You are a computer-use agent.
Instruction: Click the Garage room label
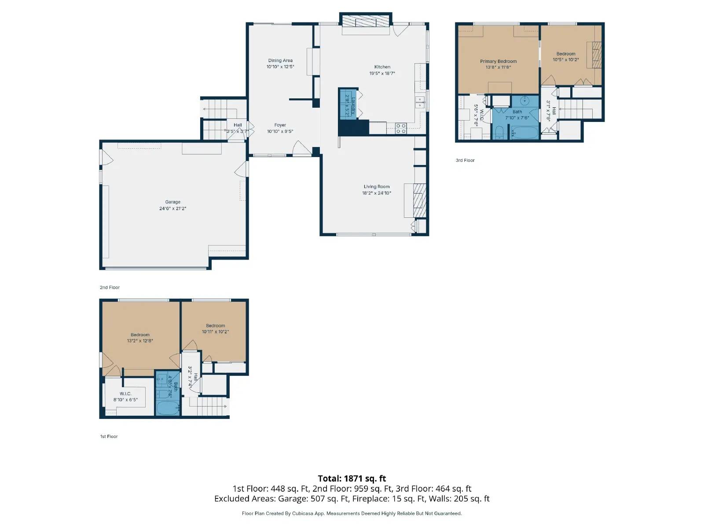tap(172, 202)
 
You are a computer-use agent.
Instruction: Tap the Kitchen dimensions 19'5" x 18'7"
tap(382, 73)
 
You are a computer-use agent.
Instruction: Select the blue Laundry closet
tap(347, 104)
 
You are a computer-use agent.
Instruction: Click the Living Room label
tap(377, 187)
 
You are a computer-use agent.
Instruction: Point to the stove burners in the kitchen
tap(401, 128)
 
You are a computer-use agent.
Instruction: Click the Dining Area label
tap(280, 61)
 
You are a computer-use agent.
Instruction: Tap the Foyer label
tap(280, 125)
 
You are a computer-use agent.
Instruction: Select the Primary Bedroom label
tap(498, 62)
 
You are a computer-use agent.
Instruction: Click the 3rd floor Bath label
tap(517, 112)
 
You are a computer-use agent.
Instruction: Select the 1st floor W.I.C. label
tap(125, 394)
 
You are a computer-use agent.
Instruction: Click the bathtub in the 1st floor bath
tap(167, 407)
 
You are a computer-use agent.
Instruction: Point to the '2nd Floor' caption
tap(110, 287)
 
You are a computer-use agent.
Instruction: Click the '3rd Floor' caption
tap(465, 160)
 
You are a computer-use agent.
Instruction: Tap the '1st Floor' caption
tap(109, 436)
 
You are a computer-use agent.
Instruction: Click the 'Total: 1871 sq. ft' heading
tap(352, 478)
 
